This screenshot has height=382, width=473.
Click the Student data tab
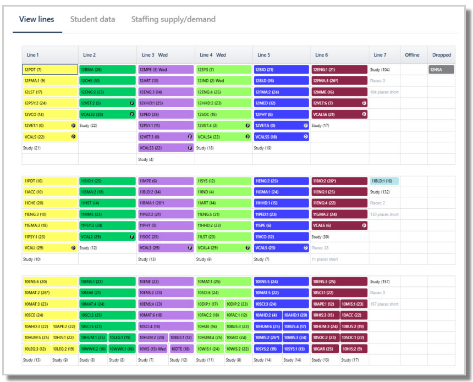pos(92,19)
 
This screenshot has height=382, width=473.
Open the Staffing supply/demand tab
pos(173,19)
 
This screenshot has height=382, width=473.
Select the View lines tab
pos(36,19)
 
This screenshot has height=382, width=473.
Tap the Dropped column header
pos(441,55)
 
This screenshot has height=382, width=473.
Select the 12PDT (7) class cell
pos(50,70)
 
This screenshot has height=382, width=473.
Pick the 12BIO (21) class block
pos(281,70)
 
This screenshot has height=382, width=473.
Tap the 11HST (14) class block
pos(107,203)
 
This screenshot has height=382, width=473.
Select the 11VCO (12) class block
pos(281,236)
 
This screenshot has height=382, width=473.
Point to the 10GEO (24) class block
pos(238,337)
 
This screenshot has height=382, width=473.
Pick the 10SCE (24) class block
pos(50,315)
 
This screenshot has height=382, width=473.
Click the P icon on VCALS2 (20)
pos(132,114)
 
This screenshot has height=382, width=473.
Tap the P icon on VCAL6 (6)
pos(364,225)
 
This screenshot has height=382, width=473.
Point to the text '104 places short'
pos(384,92)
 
